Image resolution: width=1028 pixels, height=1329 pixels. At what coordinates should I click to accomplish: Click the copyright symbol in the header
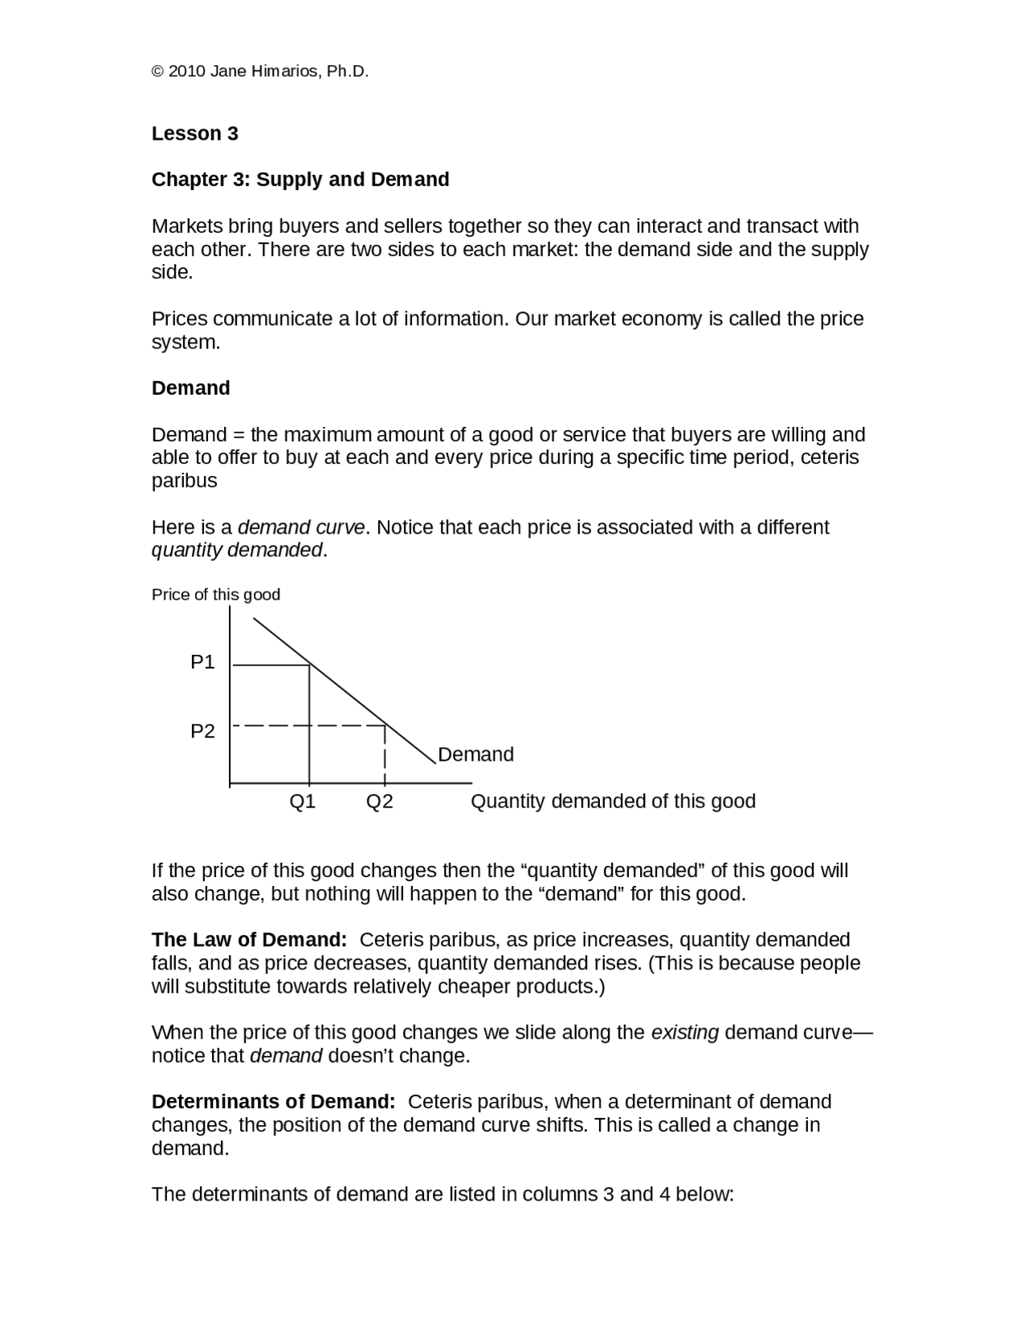[157, 71]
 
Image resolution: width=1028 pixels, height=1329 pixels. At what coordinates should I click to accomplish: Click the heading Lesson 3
[195, 133]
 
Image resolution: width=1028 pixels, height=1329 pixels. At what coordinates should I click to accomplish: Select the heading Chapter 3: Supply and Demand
[300, 179]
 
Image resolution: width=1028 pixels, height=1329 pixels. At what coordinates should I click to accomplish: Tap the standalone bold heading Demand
[191, 388]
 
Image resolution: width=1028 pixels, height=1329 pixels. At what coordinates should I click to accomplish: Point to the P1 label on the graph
[202, 662]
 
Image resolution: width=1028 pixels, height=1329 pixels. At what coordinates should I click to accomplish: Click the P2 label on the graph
[202, 731]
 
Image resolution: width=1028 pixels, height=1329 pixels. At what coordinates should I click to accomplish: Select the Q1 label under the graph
[303, 801]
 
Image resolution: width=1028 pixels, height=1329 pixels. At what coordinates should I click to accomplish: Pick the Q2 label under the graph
[379, 801]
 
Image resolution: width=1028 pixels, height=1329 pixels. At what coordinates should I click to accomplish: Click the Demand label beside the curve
[475, 754]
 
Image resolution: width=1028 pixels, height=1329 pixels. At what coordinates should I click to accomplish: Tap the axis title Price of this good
[216, 595]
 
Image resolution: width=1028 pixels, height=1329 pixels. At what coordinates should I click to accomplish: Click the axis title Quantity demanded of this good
[613, 801]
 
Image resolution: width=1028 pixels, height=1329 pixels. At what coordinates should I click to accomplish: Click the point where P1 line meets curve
[310, 664]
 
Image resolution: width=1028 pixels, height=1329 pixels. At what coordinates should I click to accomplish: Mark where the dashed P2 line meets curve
[385, 725]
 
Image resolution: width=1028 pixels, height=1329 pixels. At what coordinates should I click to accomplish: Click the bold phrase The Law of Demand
[249, 940]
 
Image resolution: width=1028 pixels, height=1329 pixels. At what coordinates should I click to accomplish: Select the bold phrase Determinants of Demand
[273, 1101]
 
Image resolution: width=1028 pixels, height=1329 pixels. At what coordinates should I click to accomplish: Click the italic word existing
[684, 1032]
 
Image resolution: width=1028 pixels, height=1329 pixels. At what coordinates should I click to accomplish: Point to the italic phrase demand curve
[301, 527]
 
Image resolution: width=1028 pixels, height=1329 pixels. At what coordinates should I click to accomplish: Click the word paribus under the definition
[184, 481]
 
